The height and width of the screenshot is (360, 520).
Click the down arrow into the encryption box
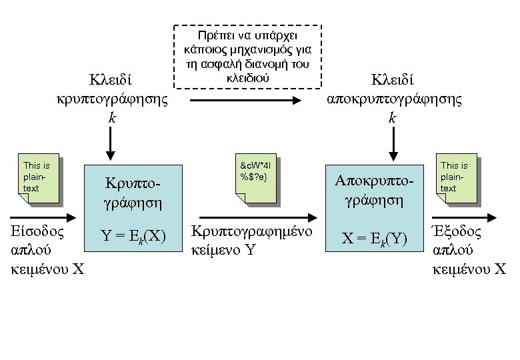(111, 144)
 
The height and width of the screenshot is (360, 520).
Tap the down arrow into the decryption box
(394, 144)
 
